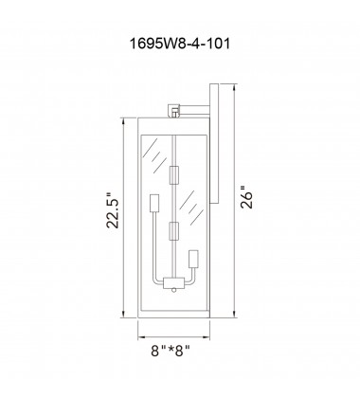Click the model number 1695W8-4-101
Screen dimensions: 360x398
click(x=180, y=44)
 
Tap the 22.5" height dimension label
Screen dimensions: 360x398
click(x=113, y=209)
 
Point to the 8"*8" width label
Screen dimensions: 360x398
click(x=171, y=351)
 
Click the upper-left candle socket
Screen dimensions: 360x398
click(x=154, y=204)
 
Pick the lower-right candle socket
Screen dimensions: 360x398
click(x=193, y=260)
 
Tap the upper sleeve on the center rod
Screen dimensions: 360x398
click(x=174, y=175)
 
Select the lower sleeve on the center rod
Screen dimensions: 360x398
click(x=174, y=232)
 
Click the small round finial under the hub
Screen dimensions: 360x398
click(x=174, y=290)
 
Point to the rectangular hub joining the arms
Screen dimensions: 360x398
click(x=174, y=282)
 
